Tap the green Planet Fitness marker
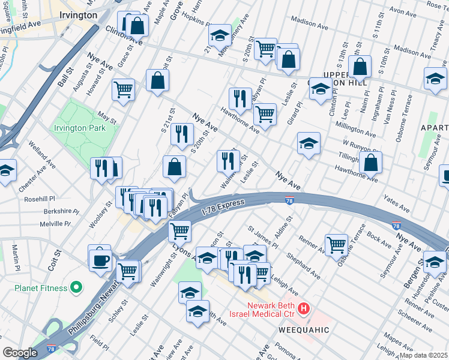tap(76, 289)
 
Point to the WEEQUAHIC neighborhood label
tap(304, 330)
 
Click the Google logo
tap(20, 353)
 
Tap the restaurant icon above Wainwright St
tap(228, 160)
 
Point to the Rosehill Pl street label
tap(39, 199)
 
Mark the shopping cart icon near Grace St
tap(123, 89)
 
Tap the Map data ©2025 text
tap(423, 355)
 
